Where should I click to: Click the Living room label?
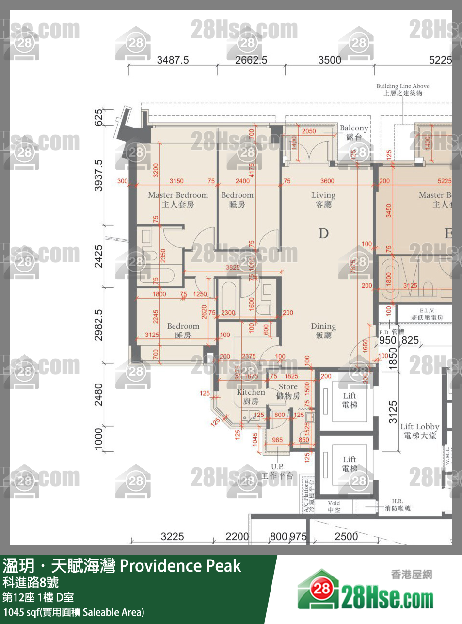click(323, 199)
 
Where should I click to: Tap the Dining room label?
click(323, 331)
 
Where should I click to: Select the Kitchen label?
click(251, 396)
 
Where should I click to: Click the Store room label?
click(288, 391)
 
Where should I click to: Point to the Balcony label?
click(354, 132)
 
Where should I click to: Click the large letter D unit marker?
click(323, 233)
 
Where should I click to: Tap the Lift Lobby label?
click(419, 431)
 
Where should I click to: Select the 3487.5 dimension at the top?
click(173, 60)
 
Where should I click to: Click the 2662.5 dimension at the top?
click(251, 60)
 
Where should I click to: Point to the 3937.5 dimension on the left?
click(98, 175)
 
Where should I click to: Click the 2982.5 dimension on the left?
click(98, 325)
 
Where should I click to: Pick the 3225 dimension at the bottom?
click(172, 536)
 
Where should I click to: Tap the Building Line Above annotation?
click(403, 89)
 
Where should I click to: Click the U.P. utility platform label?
click(277, 471)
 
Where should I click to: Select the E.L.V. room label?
click(427, 314)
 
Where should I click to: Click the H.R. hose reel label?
click(398, 505)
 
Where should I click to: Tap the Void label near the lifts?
click(334, 506)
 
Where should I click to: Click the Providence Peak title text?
click(180, 566)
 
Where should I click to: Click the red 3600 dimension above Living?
click(327, 181)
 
